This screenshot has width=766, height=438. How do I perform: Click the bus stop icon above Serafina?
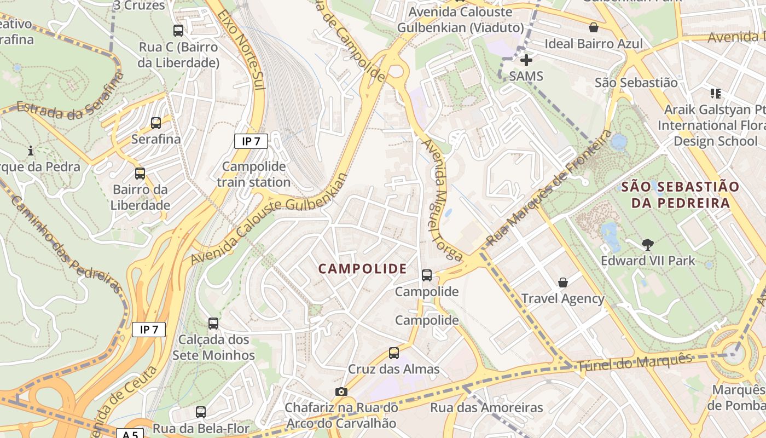pos(156,123)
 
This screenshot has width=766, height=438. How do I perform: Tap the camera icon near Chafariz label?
pos(341,391)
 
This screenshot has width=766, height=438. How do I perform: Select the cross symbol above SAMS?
pos(526,60)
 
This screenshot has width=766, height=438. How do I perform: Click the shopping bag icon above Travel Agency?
pos(562,283)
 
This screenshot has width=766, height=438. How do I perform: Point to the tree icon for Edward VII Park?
pos(648,244)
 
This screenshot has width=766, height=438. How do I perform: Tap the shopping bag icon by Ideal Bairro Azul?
pos(594,27)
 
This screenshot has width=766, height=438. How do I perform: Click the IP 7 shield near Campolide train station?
pos(251,141)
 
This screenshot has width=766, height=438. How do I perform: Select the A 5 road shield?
pos(130,434)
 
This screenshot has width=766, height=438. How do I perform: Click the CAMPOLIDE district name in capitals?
pos(363,269)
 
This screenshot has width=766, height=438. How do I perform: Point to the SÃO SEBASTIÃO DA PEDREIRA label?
pos(680,195)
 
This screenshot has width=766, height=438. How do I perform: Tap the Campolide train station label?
pos(254,174)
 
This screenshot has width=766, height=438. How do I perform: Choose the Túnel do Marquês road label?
pos(635,364)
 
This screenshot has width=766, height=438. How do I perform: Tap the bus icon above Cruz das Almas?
pos(394,353)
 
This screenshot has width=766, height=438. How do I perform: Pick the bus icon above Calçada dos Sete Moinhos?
pos(213,324)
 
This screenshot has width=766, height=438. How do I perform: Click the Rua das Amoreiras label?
pos(486,408)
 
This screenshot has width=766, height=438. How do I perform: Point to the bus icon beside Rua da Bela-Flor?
pos(201,412)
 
